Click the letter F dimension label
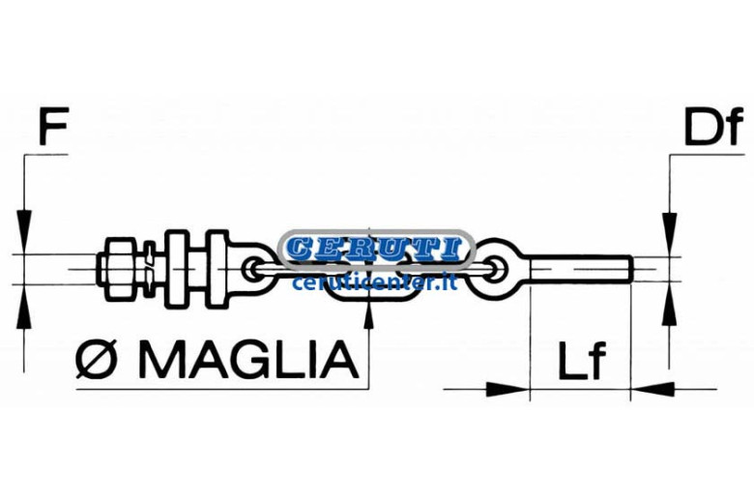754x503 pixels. tap(53, 126)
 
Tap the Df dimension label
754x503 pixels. tap(713, 126)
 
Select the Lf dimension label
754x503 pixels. tap(581, 361)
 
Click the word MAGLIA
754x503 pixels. tap(248, 359)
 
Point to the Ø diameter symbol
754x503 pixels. tap(96, 359)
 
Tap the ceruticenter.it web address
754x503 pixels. tap(374, 281)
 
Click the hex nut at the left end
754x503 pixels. tap(118, 269)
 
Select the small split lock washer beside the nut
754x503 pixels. tap(150, 269)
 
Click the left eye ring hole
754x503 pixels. tap(253, 269)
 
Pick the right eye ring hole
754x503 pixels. tap(496, 269)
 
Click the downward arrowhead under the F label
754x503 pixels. tap(23, 223)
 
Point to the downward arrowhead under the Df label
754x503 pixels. tap(669, 225)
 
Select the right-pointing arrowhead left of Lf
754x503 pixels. tap(508, 389)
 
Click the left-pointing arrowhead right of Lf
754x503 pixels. tap(652, 389)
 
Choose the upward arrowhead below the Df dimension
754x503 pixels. tap(669, 311)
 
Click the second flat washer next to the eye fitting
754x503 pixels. tap(217, 269)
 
